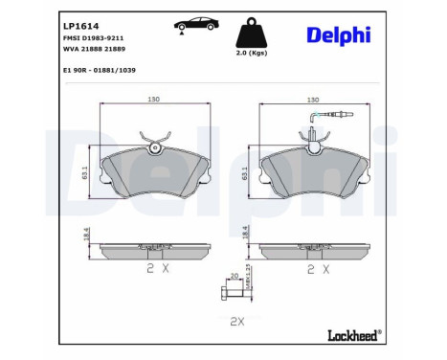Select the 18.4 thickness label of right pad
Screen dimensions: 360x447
tap(246, 232)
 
